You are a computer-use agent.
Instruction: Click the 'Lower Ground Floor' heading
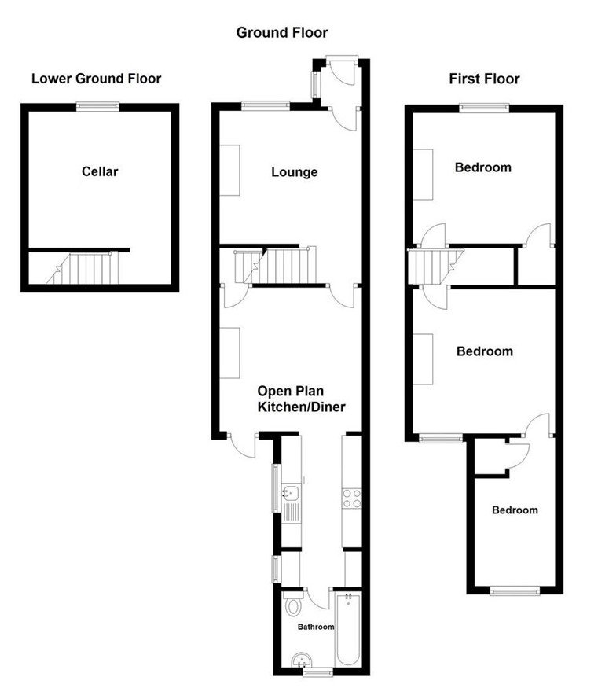[x=96, y=79]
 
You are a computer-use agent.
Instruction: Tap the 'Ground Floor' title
[x=282, y=32]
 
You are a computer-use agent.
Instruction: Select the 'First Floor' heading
[x=484, y=79]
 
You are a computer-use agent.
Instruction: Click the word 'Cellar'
[x=100, y=171]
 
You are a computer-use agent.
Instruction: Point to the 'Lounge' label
[x=294, y=172]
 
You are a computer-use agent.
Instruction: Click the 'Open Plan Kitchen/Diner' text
[x=302, y=399]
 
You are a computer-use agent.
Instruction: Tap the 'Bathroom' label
[x=315, y=627]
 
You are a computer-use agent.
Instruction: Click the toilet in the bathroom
[x=294, y=606]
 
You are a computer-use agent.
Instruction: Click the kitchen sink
[x=291, y=495]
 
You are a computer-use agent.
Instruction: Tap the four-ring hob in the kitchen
[x=351, y=497]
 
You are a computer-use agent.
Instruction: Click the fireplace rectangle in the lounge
[x=230, y=171]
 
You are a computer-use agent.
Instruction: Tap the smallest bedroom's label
[x=515, y=510]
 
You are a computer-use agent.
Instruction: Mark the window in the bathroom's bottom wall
[x=317, y=673]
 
